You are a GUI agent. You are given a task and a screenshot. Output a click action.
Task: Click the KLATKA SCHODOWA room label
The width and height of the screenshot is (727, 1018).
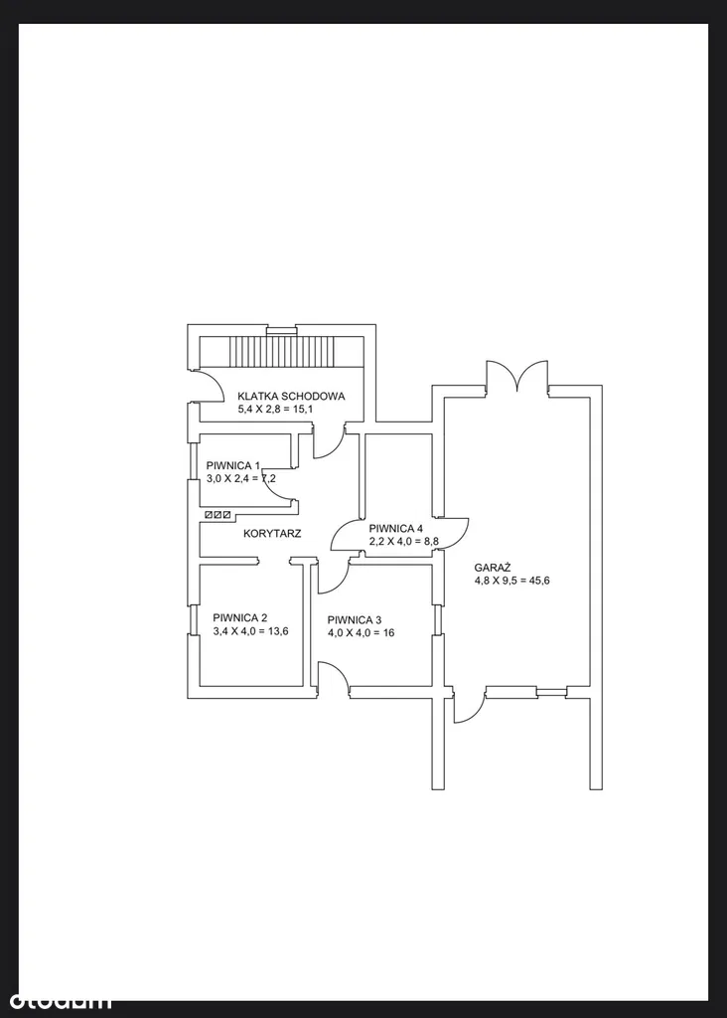(x=291, y=396)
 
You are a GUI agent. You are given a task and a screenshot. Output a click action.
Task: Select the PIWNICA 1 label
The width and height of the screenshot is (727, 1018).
(x=232, y=465)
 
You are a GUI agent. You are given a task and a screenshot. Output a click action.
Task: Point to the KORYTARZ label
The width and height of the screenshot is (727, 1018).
(x=272, y=534)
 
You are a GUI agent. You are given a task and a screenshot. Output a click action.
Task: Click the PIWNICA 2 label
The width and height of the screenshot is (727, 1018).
(x=240, y=618)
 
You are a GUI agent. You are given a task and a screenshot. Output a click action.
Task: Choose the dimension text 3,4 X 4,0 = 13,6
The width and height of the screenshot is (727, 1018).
(x=250, y=631)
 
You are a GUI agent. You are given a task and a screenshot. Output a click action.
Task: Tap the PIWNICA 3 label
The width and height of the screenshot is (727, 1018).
(x=355, y=620)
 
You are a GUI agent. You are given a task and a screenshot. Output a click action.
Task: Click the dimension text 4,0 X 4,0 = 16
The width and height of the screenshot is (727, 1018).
(x=361, y=633)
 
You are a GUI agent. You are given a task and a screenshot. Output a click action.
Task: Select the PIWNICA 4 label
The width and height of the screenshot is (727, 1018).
(x=395, y=529)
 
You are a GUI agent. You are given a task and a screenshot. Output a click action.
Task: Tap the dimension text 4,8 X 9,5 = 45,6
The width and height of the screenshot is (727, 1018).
(x=511, y=581)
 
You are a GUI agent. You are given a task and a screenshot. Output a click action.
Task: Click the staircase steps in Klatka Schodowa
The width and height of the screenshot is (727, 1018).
(x=280, y=351)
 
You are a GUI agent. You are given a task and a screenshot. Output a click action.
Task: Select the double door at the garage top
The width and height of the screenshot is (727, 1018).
(x=516, y=377)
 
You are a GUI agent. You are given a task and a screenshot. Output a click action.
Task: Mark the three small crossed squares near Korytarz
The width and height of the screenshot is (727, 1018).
(x=218, y=515)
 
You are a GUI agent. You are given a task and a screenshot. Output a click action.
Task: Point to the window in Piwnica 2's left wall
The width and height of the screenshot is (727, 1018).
(x=193, y=619)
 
